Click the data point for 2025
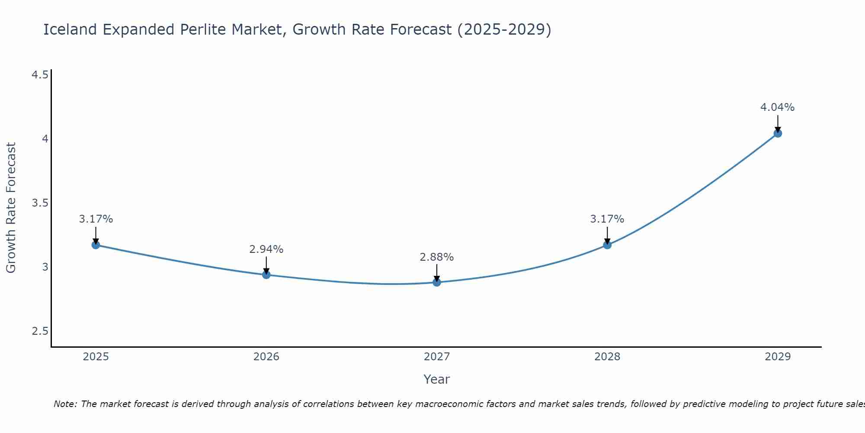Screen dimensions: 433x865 (x=96, y=245)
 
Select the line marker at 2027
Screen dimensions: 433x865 (x=437, y=282)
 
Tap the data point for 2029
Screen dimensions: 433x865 (x=778, y=133)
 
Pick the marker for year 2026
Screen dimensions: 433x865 (x=266, y=275)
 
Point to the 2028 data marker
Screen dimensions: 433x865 (x=607, y=245)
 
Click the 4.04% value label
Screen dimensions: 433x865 (x=777, y=107)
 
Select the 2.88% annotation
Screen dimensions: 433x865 (x=436, y=257)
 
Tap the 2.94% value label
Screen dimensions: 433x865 (x=266, y=249)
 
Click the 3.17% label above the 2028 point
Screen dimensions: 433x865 (x=607, y=219)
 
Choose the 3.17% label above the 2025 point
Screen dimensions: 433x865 (x=96, y=219)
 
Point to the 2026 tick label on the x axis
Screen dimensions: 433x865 (x=266, y=357)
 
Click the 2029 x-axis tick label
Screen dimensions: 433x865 (x=778, y=357)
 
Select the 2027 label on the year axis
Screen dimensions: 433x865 (x=437, y=357)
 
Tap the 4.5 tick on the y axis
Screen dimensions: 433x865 (x=40, y=75)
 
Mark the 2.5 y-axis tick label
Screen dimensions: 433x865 (x=40, y=331)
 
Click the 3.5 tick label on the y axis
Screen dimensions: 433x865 (x=40, y=203)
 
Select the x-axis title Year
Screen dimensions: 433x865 (x=436, y=379)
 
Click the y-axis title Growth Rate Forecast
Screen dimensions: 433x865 (x=11, y=207)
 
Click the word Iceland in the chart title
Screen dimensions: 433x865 (x=70, y=29)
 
